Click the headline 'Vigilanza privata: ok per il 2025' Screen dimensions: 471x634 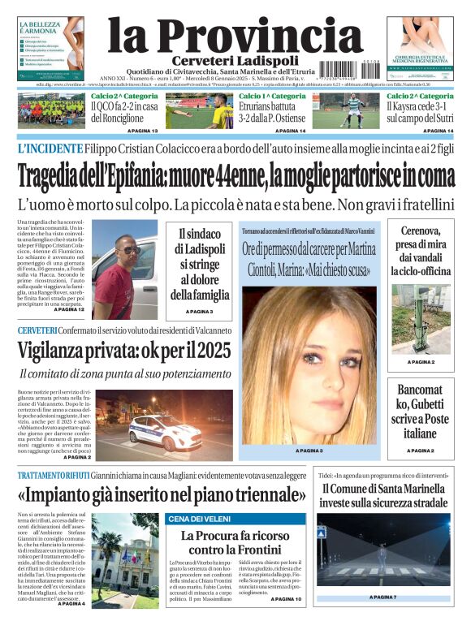pos(124,351)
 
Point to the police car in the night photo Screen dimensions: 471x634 pos(161,429)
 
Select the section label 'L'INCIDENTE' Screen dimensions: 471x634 pos(50,149)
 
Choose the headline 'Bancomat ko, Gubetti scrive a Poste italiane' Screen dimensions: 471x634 pos(420,411)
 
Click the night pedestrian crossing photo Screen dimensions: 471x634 pos(382,553)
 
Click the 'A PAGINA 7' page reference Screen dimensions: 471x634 pos(382,597)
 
